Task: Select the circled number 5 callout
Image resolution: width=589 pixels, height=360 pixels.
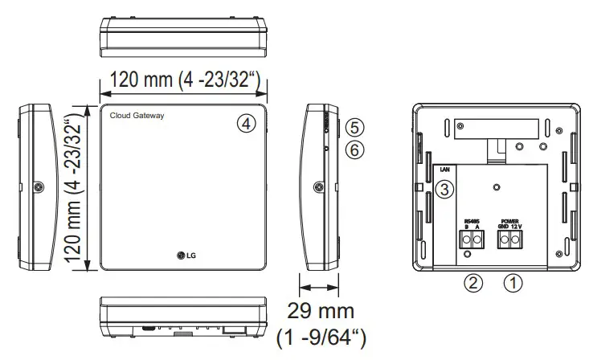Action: point(356,128)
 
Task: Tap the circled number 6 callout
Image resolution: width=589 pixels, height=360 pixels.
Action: point(356,149)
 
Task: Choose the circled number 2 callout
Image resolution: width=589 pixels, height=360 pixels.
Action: point(475,283)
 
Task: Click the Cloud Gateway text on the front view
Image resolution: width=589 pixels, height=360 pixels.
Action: point(137,117)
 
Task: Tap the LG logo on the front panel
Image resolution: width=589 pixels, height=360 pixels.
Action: point(186,256)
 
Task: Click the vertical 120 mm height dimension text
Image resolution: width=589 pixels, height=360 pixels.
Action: point(74,189)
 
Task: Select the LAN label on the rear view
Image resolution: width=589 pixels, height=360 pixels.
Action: point(444,170)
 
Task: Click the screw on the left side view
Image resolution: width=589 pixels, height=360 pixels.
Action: point(38,187)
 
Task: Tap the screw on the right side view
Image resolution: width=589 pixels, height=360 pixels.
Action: point(318,187)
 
